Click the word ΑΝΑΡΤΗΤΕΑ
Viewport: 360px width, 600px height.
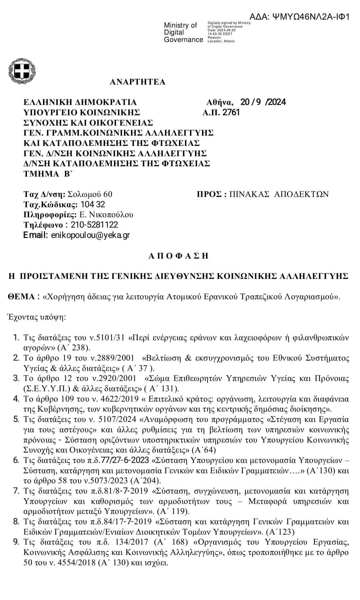[x=137, y=82]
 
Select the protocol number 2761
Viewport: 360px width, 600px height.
[x=231, y=112]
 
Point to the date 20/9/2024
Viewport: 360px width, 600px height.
[x=263, y=102]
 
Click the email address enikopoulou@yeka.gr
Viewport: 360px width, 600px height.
[x=90, y=235]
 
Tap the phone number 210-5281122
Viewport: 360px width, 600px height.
[x=94, y=225]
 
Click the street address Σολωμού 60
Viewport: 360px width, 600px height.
[x=90, y=194]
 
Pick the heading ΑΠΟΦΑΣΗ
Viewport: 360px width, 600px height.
[x=178, y=256]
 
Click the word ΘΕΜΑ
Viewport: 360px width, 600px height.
[x=21, y=297]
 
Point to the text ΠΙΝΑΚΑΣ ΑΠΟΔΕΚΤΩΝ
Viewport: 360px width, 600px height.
[x=279, y=194]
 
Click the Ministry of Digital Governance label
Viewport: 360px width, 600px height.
[x=183, y=33]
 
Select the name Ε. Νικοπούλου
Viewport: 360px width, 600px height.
[x=106, y=214]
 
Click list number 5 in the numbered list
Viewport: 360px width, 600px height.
[x=16, y=419]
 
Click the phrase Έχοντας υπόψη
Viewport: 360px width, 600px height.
[x=37, y=317]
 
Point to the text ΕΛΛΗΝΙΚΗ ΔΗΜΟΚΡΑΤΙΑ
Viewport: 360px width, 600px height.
[x=80, y=102]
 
